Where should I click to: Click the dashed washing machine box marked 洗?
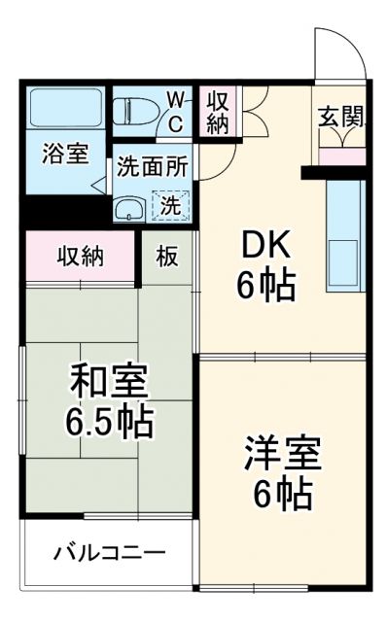(x=169, y=205)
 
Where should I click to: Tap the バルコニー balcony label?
(x=108, y=553)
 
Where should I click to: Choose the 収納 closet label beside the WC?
(x=218, y=112)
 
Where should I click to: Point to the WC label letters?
(x=176, y=111)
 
